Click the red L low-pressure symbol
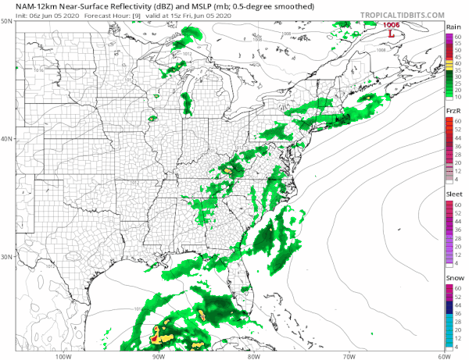(391, 34)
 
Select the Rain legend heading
(453, 27)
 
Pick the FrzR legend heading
(453, 112)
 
